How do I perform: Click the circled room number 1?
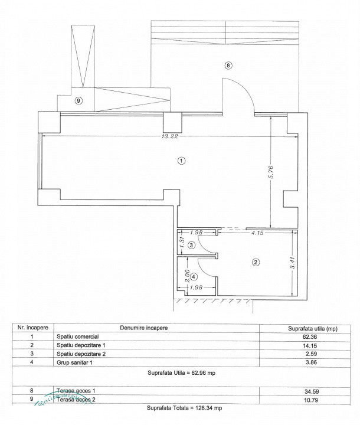point(182,161)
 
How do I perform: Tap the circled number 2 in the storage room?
point(256,262)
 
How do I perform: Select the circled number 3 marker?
point(191,245)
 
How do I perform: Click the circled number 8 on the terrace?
point(228,65)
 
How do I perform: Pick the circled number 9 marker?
point(79,101)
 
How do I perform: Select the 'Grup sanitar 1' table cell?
point(77,363)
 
